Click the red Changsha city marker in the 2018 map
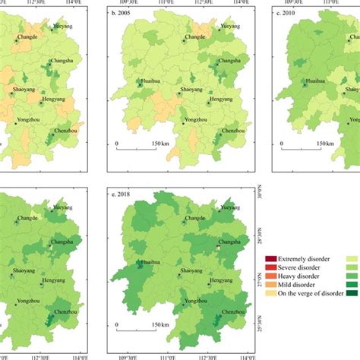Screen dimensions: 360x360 click(219, 248)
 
